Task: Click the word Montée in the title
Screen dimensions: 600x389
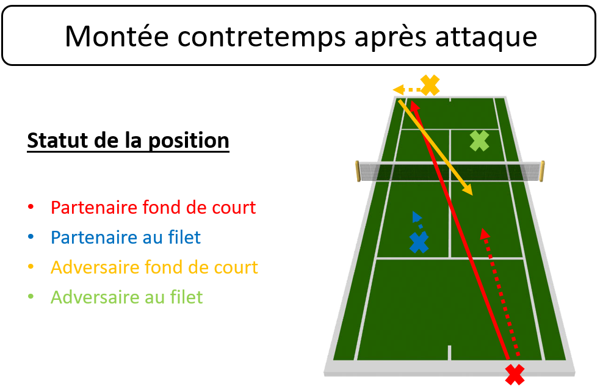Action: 117,37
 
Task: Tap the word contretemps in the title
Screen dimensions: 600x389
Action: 261,37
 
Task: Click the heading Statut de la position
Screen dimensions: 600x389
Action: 128,141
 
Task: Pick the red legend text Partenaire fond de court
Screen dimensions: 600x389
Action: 153,208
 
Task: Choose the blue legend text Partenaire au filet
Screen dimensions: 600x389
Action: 126,238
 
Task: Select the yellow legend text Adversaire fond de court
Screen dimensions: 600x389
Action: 154,267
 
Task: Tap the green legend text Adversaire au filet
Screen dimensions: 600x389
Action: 127,297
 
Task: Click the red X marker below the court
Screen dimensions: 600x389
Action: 515,375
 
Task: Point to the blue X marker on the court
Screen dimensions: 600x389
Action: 419,242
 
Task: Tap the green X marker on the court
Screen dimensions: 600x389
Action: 480,141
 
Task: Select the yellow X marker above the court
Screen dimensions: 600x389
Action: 430,85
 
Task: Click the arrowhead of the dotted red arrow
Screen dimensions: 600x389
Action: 485,233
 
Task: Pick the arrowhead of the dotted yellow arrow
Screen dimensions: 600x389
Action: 398,90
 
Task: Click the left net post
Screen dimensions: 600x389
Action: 358,171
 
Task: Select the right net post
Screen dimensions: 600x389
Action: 542,172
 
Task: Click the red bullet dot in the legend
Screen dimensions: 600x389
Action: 31,207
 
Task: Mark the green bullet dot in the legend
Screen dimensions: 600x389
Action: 31,297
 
